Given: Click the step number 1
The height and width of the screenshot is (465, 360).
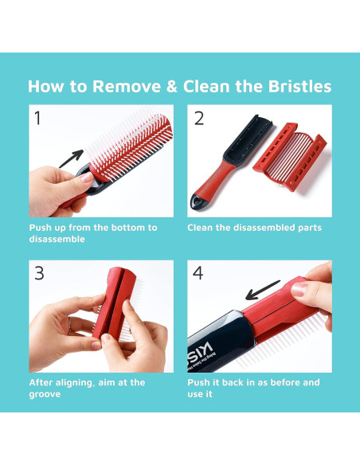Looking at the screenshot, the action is [37, 118].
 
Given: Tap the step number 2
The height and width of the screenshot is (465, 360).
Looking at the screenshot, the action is [199, 119].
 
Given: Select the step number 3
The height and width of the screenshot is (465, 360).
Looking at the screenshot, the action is [40, 273].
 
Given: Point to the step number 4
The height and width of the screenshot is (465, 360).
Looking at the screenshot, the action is [198, 273].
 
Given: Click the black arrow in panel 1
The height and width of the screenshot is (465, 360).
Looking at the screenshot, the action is [72, 158].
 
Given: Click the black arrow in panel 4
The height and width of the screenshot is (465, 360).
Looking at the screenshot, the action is [263, 290].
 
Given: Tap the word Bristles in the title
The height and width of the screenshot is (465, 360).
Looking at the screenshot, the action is [299, 86].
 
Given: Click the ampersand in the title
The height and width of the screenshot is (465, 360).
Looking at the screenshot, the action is [172, 87].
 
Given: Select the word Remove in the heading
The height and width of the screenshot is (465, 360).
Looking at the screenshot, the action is [127, 87].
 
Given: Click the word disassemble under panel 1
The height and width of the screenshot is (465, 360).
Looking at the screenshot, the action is [57, 239].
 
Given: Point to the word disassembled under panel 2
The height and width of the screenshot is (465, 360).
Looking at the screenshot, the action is [264, 228].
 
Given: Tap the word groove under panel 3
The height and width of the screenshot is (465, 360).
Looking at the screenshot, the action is [45, 395].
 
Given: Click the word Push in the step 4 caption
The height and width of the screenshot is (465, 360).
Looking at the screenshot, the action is [198, 382].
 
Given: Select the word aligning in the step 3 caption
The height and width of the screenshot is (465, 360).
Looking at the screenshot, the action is [72, 383].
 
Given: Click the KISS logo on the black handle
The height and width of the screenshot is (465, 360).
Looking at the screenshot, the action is [201, 352].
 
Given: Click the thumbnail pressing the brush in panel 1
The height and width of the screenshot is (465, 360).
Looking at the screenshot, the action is [87, 177].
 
